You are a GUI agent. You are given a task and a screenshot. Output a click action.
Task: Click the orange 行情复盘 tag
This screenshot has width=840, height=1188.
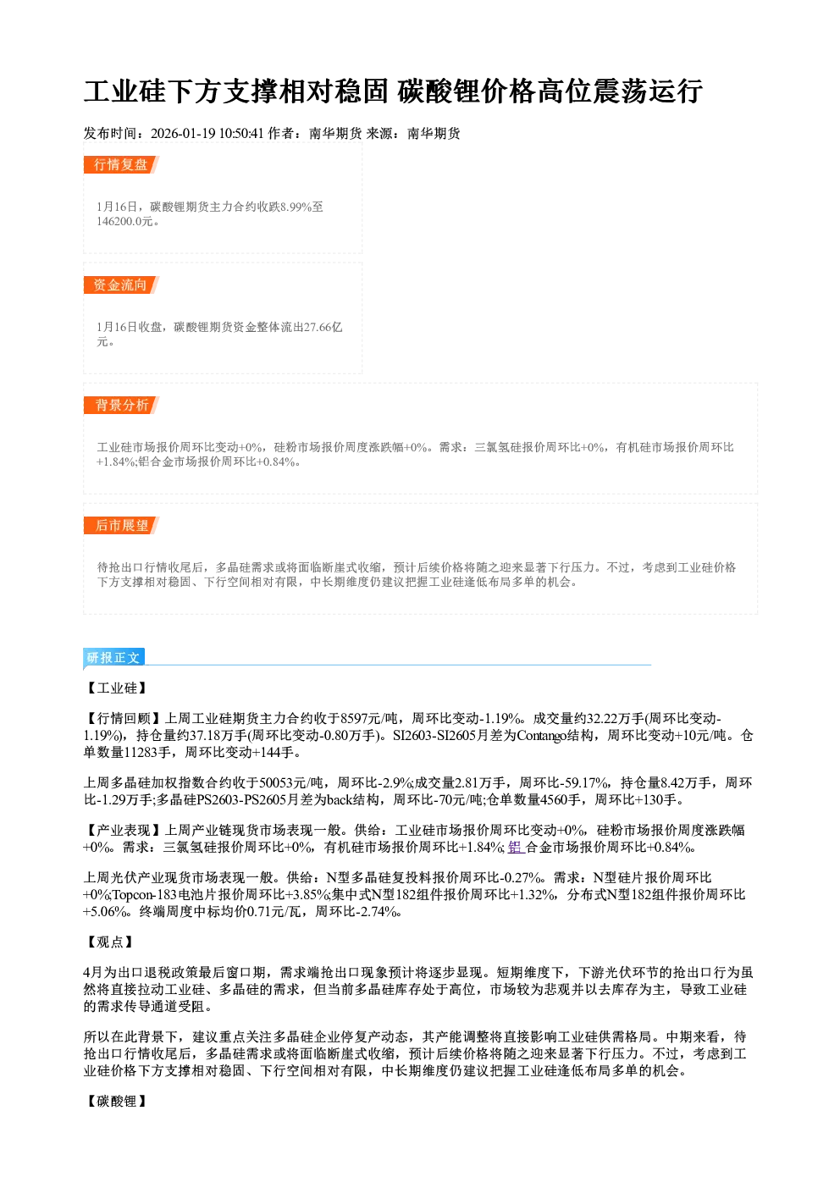point(121,164)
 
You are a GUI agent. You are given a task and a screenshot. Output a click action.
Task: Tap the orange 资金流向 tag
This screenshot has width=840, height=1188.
point(121,285)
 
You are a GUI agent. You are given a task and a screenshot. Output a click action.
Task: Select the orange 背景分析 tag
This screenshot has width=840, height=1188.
point(121,406)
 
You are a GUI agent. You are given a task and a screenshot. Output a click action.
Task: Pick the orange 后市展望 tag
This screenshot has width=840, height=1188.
point(121,526)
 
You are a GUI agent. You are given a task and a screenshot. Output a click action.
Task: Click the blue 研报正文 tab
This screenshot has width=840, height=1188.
point(113,658)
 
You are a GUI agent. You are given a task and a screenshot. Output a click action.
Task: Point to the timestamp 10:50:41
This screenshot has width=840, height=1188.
point(241,133)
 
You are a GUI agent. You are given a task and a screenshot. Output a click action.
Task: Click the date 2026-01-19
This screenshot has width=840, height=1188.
point(183,133)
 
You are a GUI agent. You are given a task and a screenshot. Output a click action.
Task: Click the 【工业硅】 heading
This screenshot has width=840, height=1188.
point(117,688)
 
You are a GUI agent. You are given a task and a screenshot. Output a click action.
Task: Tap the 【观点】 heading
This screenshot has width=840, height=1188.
point(110,942)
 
